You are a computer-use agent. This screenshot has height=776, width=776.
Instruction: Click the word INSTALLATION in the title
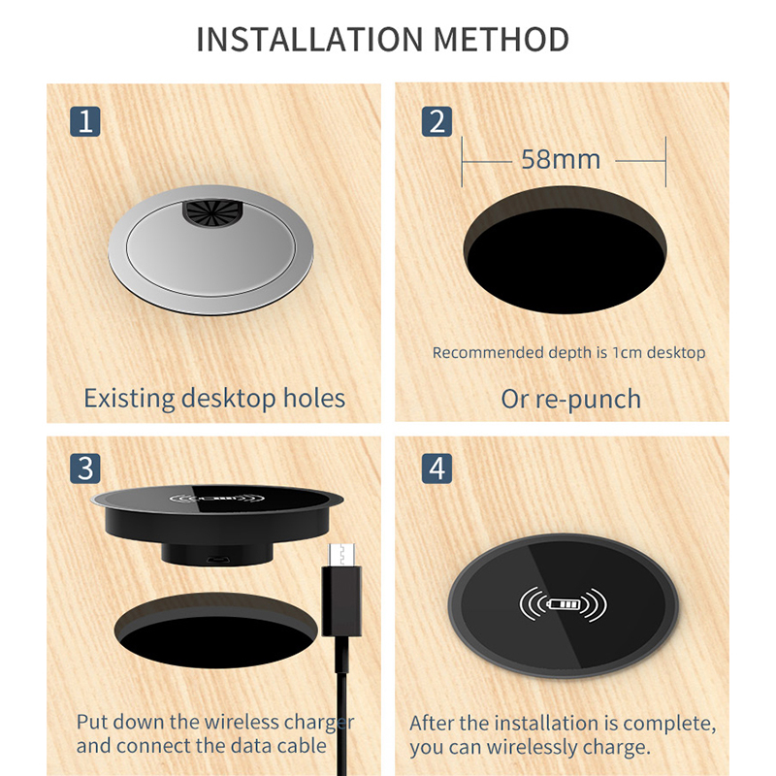(x=309, y=39)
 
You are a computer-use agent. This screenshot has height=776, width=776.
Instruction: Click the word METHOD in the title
(x=501, y=39)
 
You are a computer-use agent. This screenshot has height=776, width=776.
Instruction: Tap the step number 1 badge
(x=85, y=121)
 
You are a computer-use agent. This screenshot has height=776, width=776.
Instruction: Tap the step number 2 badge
(x=437, y=121)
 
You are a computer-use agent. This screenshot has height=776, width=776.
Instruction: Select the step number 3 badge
(x=85, y=469)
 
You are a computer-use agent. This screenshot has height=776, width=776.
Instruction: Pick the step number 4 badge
(x=437, y=469)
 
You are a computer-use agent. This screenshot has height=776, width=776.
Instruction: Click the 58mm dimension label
(x=561, y=159)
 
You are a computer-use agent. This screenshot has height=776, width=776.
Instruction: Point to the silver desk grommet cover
(x=210, y=250)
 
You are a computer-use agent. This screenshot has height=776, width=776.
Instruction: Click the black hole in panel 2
(x=565, y=250)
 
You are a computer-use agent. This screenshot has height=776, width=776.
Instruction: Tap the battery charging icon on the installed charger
(x=564, y=604)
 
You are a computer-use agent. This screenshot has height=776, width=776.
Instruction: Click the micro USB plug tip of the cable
(x=341, y=555)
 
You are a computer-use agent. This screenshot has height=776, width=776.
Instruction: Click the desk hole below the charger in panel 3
(x=215, y=631)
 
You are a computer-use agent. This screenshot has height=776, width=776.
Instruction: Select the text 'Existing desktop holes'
(x=214, y=399)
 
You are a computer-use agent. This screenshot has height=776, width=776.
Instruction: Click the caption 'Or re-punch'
(x=570, y=399)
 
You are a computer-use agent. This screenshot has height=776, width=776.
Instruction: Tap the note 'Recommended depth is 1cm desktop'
(x=568, y=352)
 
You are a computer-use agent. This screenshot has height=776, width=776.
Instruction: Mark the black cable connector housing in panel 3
(x=341, y=600)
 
